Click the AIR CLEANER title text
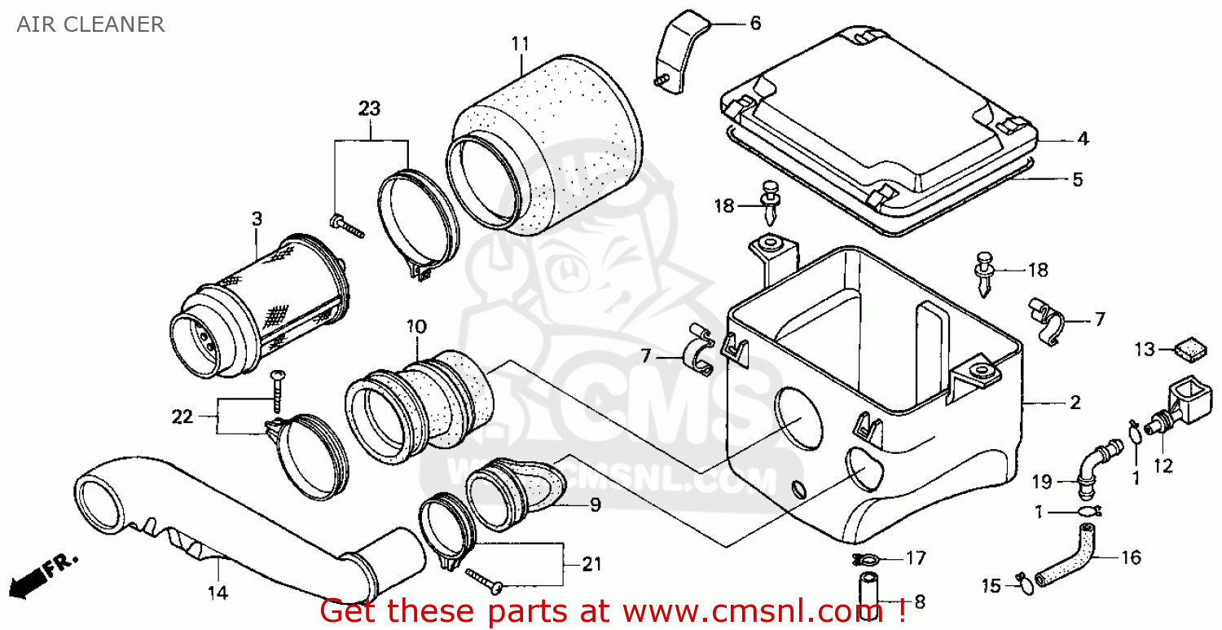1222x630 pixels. (x=90, y=24)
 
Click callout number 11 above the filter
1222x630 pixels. (x=521, y=42)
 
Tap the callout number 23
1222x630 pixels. (x=369, y=108)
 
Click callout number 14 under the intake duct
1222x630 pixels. (x=218, y=592)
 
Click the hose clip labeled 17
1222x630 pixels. (x=868, y=559)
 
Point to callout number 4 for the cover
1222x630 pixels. (x=1082, y=139)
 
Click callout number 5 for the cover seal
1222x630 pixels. (x=1077, y=180)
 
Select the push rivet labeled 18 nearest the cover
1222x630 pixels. (x=770, y=202)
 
